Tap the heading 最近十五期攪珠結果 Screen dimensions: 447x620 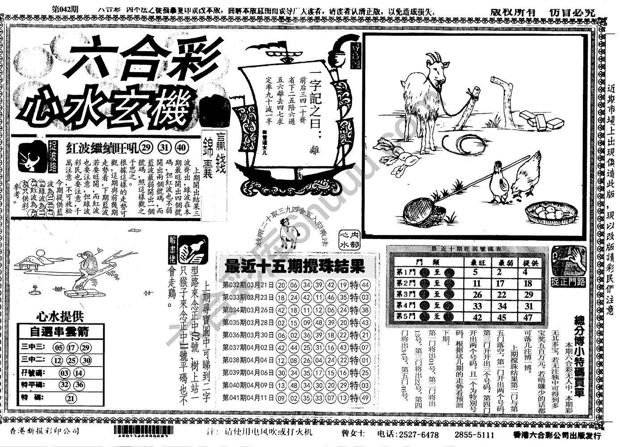click(294, 267)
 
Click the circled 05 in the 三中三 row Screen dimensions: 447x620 click(59, 348)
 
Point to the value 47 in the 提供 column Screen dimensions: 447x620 click(528, 317)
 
